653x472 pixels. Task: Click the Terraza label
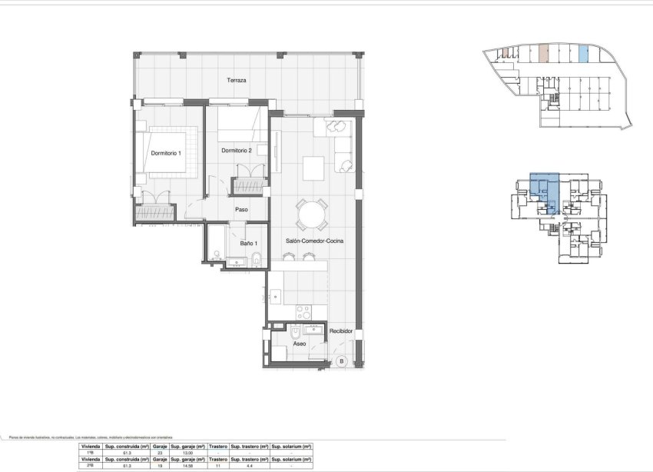coord(236,81)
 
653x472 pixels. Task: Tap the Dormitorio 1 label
coord(166,153)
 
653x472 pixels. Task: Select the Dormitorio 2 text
coord(237,150)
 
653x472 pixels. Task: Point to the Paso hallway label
coord(241,208)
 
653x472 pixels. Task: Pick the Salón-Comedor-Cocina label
coord(314,241)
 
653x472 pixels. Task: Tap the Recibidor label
coord(340,331)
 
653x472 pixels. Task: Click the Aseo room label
coord(300,344)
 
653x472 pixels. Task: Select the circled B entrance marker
coord(342,361)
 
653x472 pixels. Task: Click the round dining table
coord(313,214)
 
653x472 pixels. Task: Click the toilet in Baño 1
coord(258,258)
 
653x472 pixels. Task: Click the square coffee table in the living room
coord(313,167)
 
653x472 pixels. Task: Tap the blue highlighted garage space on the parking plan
coord(583,54)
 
